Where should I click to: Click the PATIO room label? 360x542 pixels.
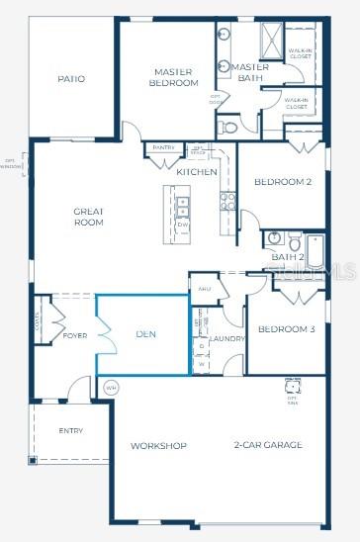(71, 79)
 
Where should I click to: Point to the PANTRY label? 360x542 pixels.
(164, 148)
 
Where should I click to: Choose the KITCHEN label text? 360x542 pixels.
(197, 172)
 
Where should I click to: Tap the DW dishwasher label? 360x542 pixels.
(183, 225)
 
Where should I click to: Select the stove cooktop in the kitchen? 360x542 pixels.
(227, 201)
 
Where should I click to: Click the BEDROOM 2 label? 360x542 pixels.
(283, 182)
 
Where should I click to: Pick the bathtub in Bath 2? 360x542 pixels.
(315, 251)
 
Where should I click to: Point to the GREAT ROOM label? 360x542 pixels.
(88, 217)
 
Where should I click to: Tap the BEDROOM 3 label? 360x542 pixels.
(286, 329)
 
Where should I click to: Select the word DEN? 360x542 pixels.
(146, 334)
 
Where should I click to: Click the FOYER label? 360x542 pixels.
(75, 334)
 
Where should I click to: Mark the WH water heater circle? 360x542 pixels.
(111, 388)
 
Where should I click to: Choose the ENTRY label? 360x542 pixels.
(71, 430)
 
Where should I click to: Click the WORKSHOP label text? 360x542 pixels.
(158, 446)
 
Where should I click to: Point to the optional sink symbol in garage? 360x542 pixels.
(293, 386)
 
